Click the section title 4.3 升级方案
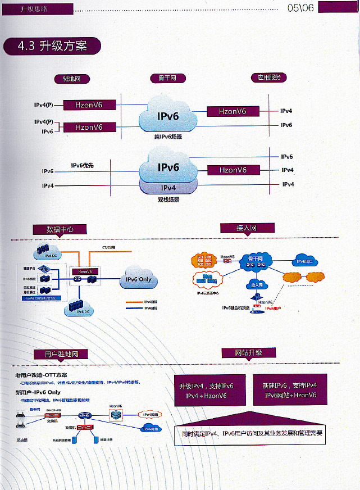[x=52, y=46]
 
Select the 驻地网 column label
[x=72, y=79]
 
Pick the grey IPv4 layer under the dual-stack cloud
[x=168, y=188]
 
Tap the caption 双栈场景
[x=168, y=199]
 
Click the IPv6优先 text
[x=83, y=166]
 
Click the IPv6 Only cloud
[x=138, y=279]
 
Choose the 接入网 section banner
[x=247, y=228]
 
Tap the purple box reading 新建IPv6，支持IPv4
[x=290, y=391]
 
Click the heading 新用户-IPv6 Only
[x=38, y=392]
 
